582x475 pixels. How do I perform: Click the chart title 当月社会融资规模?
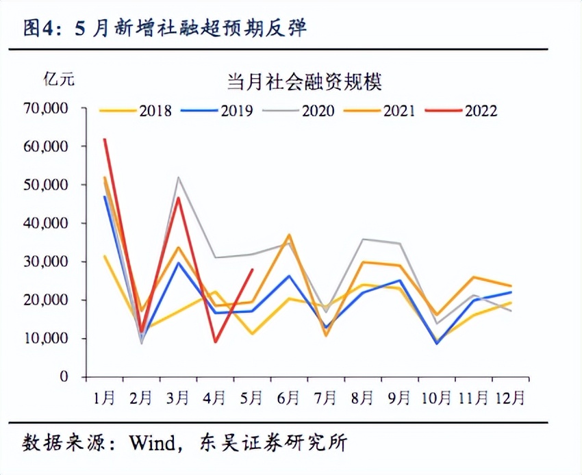click(x=304, y=82)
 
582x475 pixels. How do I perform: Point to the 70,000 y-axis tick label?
click(x=45, y=108)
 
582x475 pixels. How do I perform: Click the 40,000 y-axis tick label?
click(x=45, y=223)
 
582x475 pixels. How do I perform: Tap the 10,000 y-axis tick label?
click(x=45, y=338)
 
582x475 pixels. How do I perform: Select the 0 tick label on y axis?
click(x=63, y=376)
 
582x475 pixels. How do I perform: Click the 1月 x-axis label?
click(x=105, y=397)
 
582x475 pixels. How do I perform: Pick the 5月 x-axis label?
click(x=252, y=397)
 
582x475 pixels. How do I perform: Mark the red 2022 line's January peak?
click(x=105, y=139)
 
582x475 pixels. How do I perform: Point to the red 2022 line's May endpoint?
click(x=253, y=269)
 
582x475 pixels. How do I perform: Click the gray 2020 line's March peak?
click(x=179, y=177)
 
